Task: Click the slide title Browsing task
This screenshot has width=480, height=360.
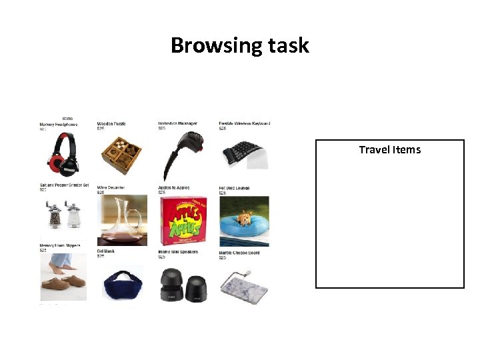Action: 240,45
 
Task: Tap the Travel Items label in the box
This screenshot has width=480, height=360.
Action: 389,149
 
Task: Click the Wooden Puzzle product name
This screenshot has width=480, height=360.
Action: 111,124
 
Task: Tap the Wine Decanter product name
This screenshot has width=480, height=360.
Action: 111,188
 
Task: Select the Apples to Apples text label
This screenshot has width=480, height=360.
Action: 175,188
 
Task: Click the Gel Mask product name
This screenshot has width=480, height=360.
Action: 106,251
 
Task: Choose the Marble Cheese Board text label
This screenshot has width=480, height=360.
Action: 239,253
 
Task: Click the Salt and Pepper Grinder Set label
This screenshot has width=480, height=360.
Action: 63,185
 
